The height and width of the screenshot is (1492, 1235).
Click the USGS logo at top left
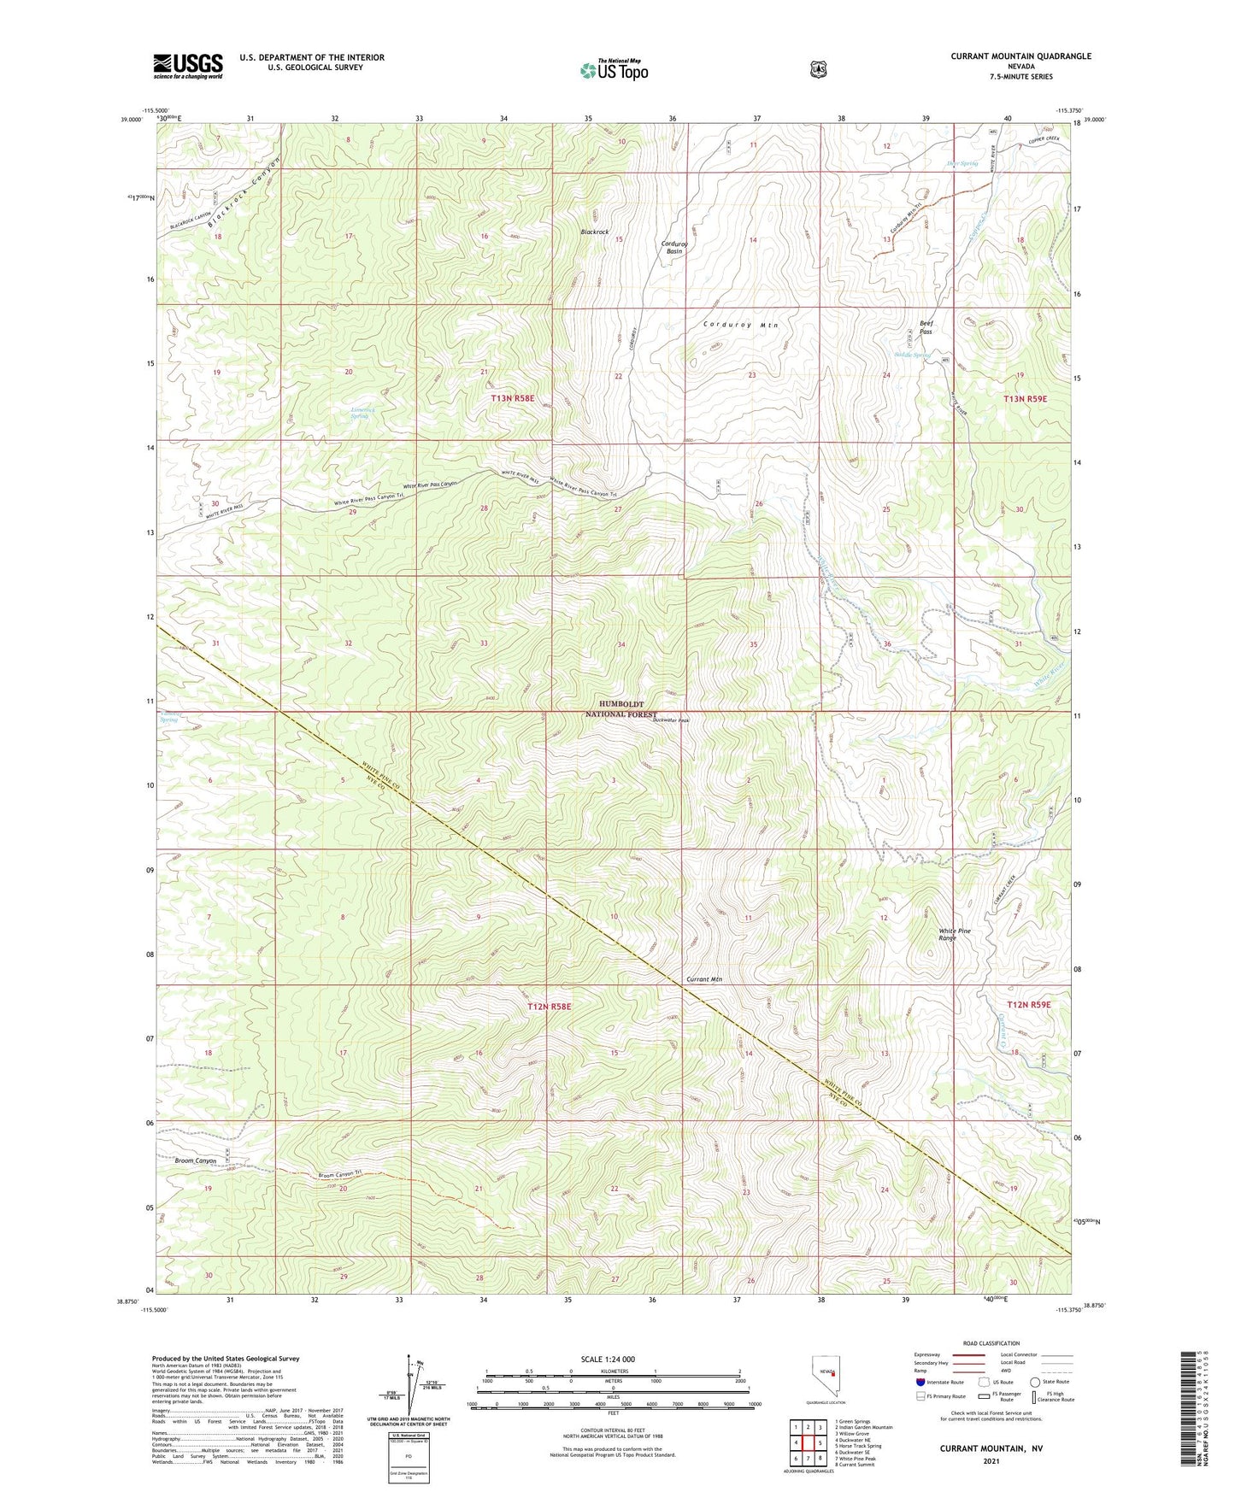(187, 66)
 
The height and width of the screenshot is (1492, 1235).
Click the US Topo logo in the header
(614, 70)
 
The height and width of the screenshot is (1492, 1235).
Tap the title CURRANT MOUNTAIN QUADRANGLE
(1020, 56)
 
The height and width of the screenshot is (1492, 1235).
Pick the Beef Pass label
(926, 326)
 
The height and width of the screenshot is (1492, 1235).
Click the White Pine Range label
(955, 934)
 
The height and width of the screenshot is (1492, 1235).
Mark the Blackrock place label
(595, 232)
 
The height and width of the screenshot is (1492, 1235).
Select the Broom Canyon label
(195, 1160)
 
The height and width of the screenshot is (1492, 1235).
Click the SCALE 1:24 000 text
(608, 1360)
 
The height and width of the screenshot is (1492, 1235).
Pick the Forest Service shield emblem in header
(818, 70)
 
